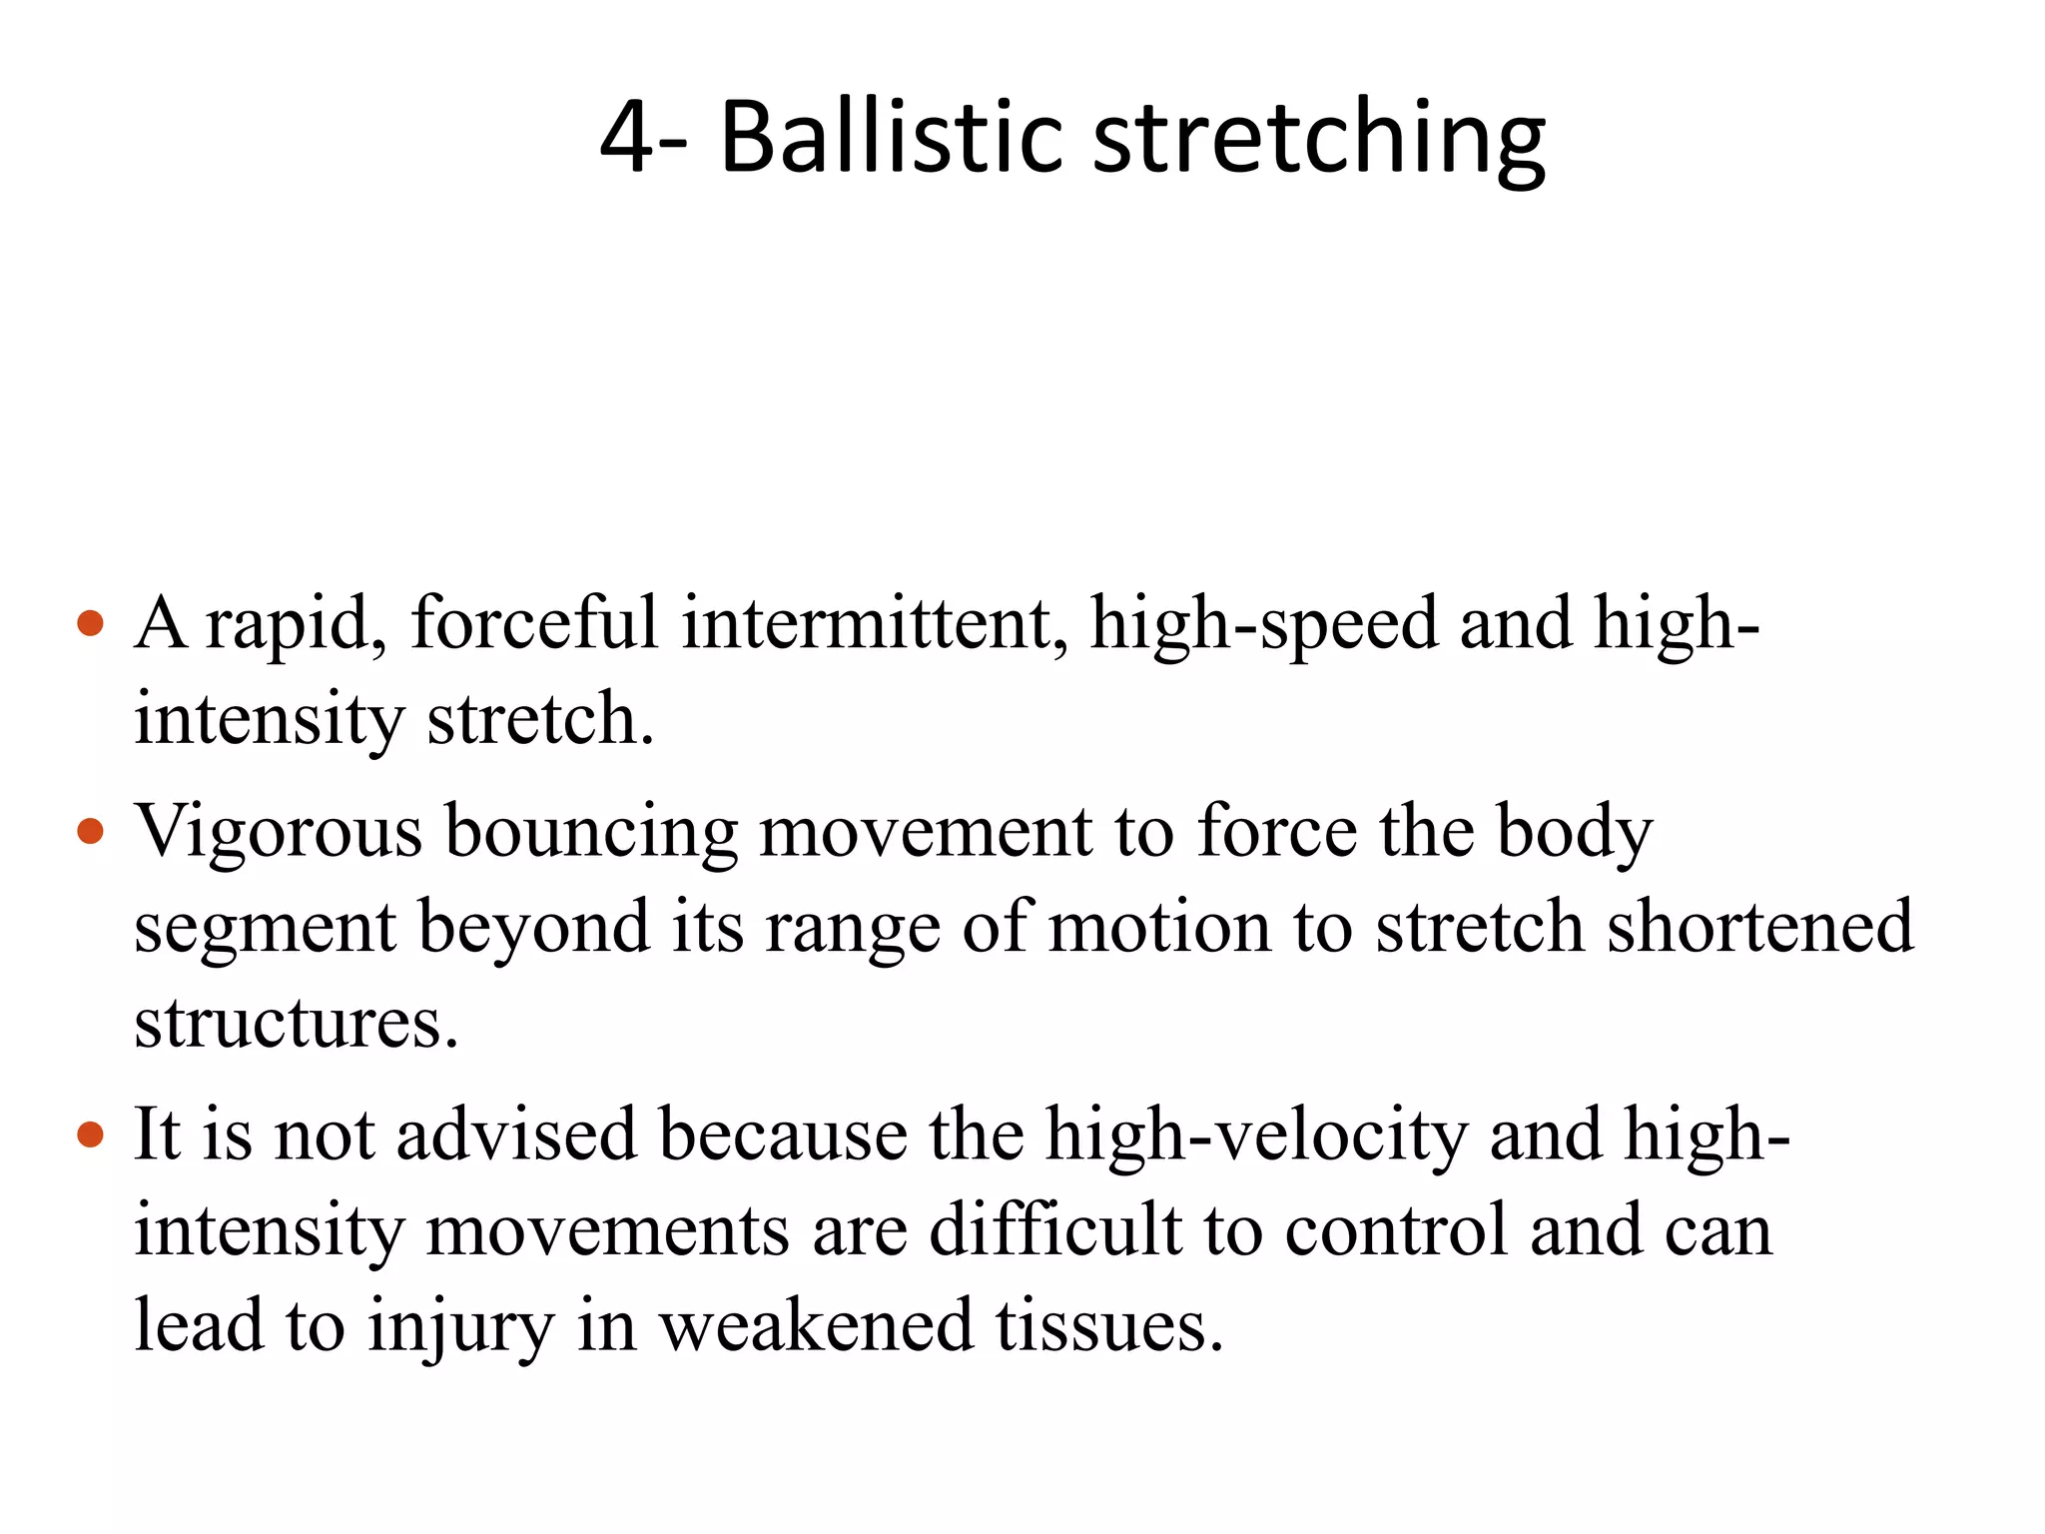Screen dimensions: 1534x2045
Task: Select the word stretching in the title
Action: click(1319, 139)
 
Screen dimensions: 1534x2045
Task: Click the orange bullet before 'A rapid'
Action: click(91, 624)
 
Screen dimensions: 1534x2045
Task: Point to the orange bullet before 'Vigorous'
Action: click(91, 831)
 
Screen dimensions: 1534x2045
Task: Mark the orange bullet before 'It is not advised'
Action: click(91, 1135)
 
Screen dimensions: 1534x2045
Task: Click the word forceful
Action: click(534, 623)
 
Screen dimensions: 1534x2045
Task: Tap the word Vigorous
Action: click(279, 831)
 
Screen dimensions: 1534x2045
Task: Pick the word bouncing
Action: click(591, 831)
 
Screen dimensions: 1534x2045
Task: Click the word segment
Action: click(266, 927)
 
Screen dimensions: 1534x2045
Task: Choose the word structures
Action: click(297, 1022)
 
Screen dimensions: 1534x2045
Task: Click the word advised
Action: click(516, 1135)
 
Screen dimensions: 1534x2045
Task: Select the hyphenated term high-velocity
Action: click(1256, 1136)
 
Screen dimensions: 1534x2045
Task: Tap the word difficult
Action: click(1055, 1229)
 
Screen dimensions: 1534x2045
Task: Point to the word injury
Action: click(460, 1326)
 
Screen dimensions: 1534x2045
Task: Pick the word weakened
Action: click(816, 1325)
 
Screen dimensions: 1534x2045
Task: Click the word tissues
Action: click(1109, 1325)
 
